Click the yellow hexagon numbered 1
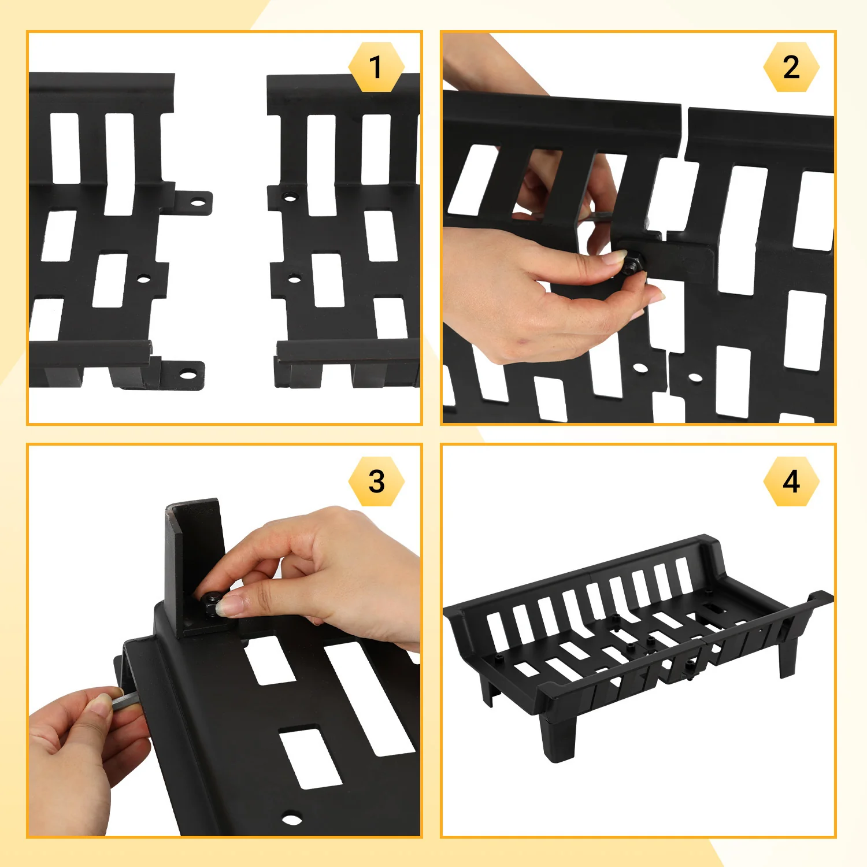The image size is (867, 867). click(376, 67)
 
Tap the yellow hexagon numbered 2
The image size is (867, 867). click(791, 67)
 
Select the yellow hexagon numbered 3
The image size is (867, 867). click(376, 481)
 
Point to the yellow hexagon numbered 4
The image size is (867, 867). click(791, 481)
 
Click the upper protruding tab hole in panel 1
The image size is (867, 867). click(198, 203)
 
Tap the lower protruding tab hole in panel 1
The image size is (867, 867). click(188, 375)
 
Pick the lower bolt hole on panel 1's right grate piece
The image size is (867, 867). click(294, 280)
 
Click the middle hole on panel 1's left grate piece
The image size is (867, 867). click(143, 280)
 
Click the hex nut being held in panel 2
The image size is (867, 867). click(632, 265)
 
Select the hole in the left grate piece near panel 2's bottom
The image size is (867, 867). click(639, 368)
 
